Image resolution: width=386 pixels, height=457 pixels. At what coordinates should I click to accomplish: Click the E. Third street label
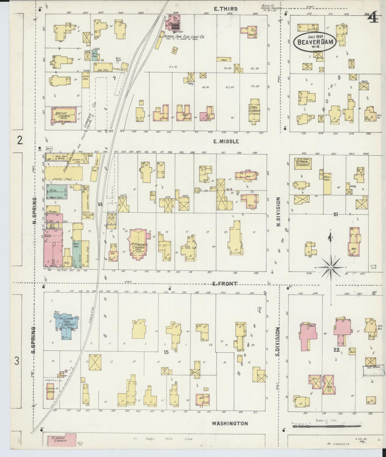pos(226,9)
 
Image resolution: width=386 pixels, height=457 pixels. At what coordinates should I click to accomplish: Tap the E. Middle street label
pos(226,142)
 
